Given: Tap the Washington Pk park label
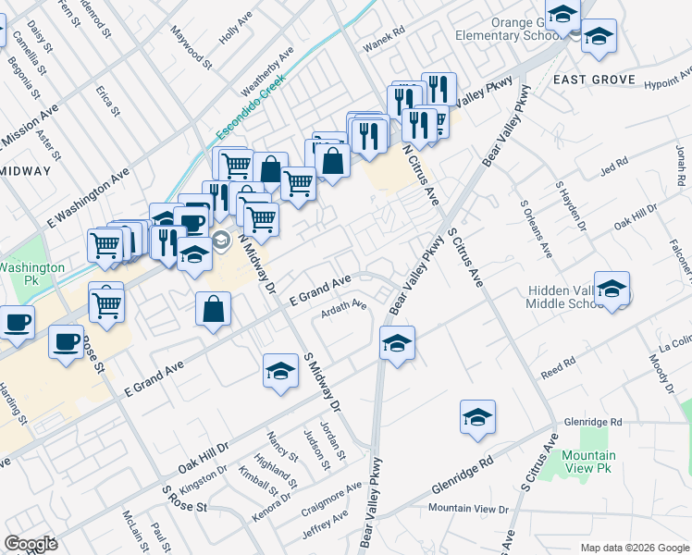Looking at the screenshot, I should coord(32,273).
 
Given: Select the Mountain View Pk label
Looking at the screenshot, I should coord(588,462).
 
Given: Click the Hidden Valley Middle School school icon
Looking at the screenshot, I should coord(612,289).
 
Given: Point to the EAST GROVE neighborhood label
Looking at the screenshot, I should coord(594,80).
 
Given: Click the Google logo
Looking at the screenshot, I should coord(31,544).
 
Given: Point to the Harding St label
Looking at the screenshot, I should coord(19,406).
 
